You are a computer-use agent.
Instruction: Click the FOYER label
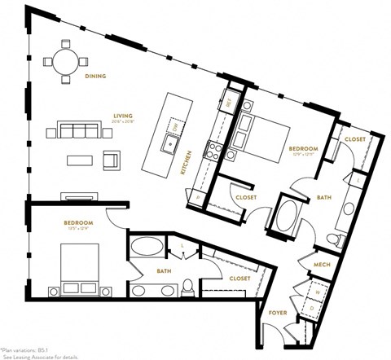pos(277,311)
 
